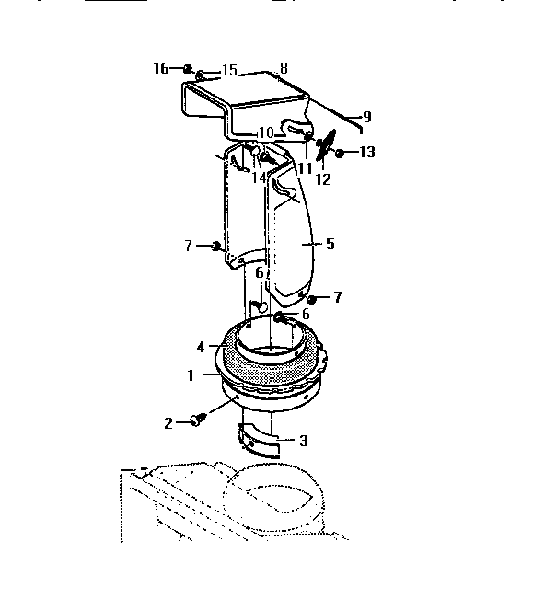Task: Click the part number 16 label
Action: (160, 68)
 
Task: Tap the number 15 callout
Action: (228, 70)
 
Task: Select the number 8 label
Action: (284, 68)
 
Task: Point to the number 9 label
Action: (366, 117)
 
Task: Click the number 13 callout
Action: (367, 152)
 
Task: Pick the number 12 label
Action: (323, 178)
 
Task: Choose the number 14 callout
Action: (260, 177)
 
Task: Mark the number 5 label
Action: (330, 244)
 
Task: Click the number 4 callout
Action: (200, 347)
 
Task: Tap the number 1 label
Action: (191, 376)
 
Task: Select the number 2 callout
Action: (168, 422)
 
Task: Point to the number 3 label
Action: (303, 441)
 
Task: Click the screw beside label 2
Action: (197, 420)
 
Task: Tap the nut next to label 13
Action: (340, 153)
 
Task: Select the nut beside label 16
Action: (187, 69)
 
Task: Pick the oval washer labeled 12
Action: (323, 145)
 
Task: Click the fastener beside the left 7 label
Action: (216, 246)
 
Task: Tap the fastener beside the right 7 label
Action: (312, 299)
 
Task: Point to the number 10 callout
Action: (266, 133)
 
